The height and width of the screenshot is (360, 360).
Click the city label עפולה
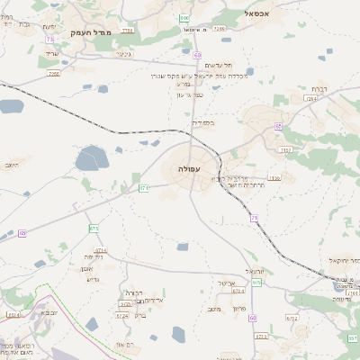190,168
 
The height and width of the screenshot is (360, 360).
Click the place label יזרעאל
252,270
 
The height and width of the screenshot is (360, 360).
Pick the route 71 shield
255,218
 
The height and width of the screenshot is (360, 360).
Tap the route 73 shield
50,40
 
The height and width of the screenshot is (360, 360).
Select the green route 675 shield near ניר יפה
94,229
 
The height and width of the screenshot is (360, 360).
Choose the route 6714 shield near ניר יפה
100,249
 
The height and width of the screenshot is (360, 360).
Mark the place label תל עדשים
219,65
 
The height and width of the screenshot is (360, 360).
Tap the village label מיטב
213,310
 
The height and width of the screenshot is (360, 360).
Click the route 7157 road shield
286,148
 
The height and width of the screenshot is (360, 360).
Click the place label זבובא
49,311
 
